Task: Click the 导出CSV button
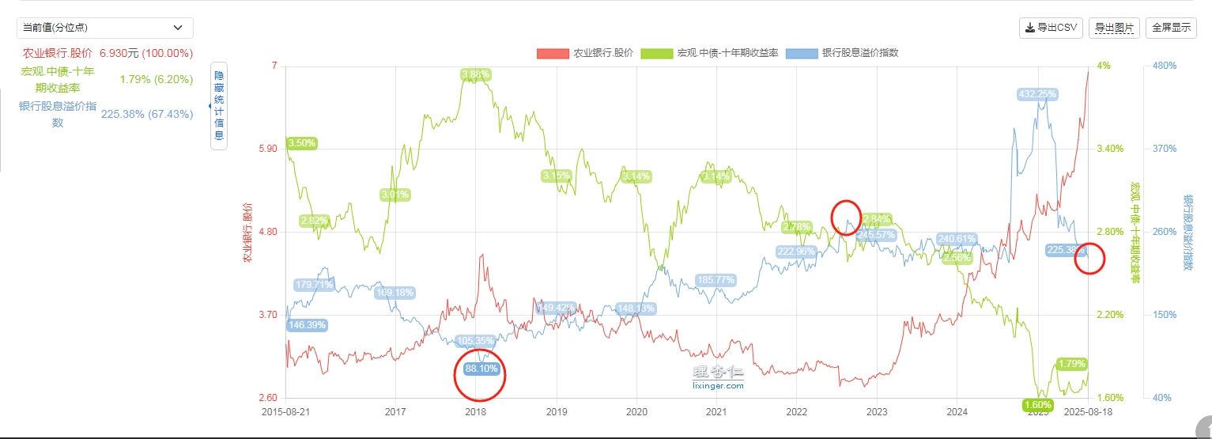pyautogui.click(x=1051, y=28)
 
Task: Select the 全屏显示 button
pyautogui.click(x=1171, y=28)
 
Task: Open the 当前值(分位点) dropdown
pyautogui.click(x=105, y=28)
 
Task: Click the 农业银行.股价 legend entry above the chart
pyautogui.click(x=585, y=53)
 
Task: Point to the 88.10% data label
pyautogui.click(x=481, y=369)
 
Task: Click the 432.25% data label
pyautogui.click(x=1036, y=94)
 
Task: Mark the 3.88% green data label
pyautogui.click(x=475, y=74)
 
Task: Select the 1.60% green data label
pyautogui.click(x=1036, y=405)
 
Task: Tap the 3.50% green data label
pyautogui.click(x=301, y=143)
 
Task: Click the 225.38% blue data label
pyautogui.click(x=1065, y=250)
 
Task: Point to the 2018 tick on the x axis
pyautogui.click(x=476, y=412)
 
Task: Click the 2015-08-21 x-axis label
pyautogui.click(x=285, y=412)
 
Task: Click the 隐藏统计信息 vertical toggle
pyautogui.click(x=219, y=105)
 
